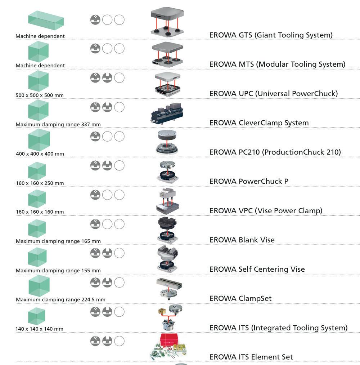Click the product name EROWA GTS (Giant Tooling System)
[x=271, y=35]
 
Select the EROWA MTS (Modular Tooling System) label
[x=277, y=64]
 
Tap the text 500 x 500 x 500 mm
[x=40, y=95]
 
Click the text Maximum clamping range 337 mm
[x=58, y=124]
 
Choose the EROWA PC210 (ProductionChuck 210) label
[x=275, y=152]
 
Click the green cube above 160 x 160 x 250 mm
[x=37, y=171]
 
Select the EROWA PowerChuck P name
[x=249, y=181]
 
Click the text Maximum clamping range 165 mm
[x=58, y=241]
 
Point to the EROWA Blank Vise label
[x=242, y=240]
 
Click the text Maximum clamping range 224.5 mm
[x=60, y=299]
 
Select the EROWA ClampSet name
[x=240, y=299]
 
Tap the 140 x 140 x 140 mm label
[x=40, y=329]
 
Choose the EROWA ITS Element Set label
[x=251, y=357]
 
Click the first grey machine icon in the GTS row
[x=95, y=19]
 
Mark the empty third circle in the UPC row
[x=119, y=77]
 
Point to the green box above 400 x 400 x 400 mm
[x=39, y=140]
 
